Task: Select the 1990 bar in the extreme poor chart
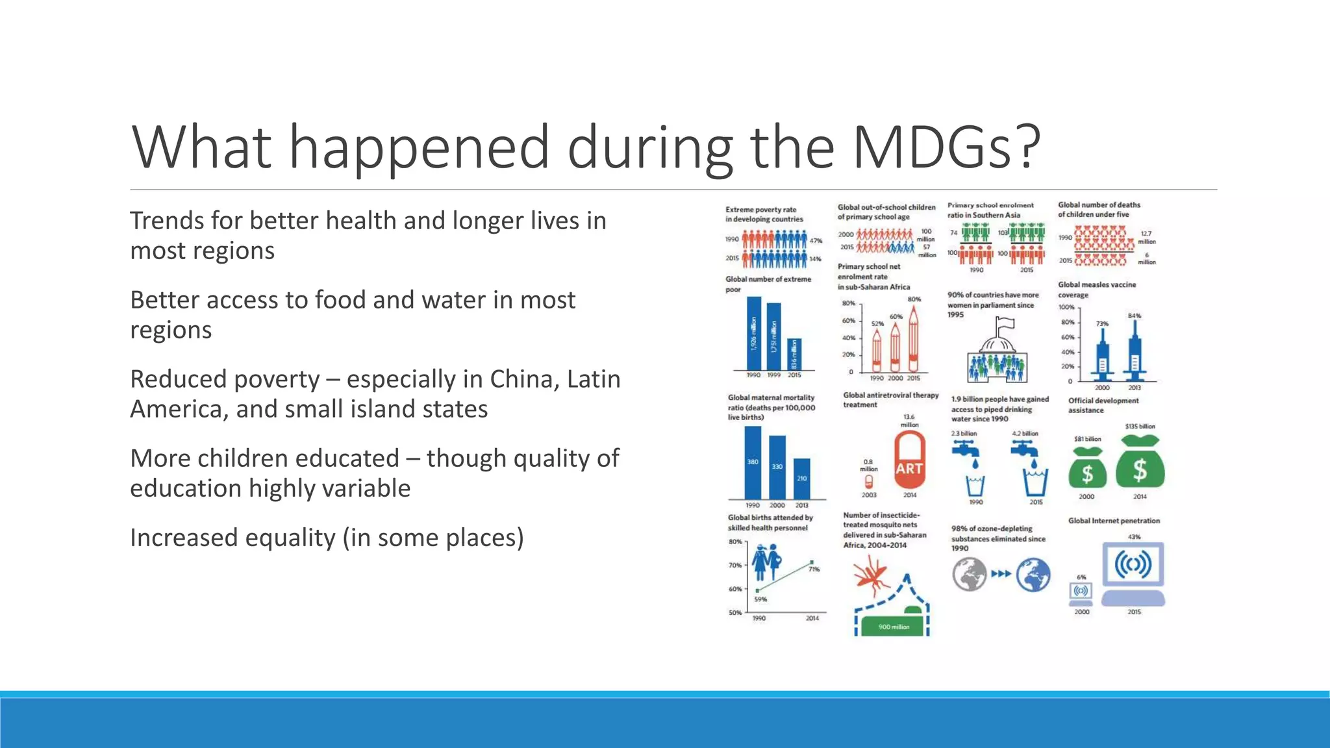pyautogui.click(x=753, y=333)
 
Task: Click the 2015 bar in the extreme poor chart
pyautogui.click(x=794, y=355)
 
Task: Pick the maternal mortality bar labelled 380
pyautogui.click(x=753, y=462)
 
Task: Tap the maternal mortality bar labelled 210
pyautogui.click(x=802, y=479)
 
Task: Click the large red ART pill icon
pyautogui.click(x=909, y=460)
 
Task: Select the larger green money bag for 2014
pyautogui.click(x=1140, y=462)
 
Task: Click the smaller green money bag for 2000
pyautogui.click(x=1087, y=468)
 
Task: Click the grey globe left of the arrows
pyautogui.click(x=970, y=575)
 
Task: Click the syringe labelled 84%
pyautogui.click(x=1135, y=351)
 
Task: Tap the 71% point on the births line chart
pyautogui.click(x=812, y=562)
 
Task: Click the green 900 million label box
pyautogui.click(x=894, y=627)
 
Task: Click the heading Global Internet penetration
pyautogui.click(x=1114, y=521)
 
